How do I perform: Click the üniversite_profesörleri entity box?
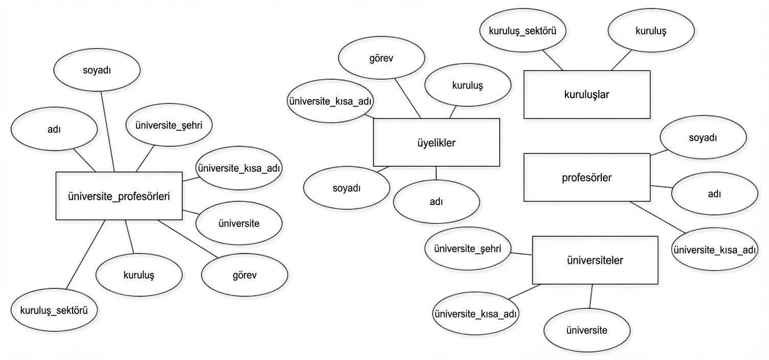click(x=119, y=196)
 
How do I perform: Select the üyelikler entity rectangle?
click(x=436, y=143)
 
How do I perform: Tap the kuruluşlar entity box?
click(x=586, y=95)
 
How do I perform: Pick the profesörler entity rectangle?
click(x=586, y=177)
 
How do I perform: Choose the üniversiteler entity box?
click(x=595, y=260)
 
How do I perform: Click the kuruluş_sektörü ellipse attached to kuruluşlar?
click(x=525, y=31)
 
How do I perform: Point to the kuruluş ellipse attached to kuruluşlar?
click(x=650, y=31)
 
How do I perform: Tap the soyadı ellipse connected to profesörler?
click(x=703, y=138)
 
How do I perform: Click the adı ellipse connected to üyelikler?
click(x=436, y=201)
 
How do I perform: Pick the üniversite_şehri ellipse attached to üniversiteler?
click(x=467, y=249)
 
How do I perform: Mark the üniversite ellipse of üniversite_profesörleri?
click(x=239, y=223)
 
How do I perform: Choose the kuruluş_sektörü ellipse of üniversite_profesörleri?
click(x=54, y=310)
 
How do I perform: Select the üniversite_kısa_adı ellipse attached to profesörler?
click(x=714, y=250)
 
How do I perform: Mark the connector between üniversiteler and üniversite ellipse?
click(x=591, y=296)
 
